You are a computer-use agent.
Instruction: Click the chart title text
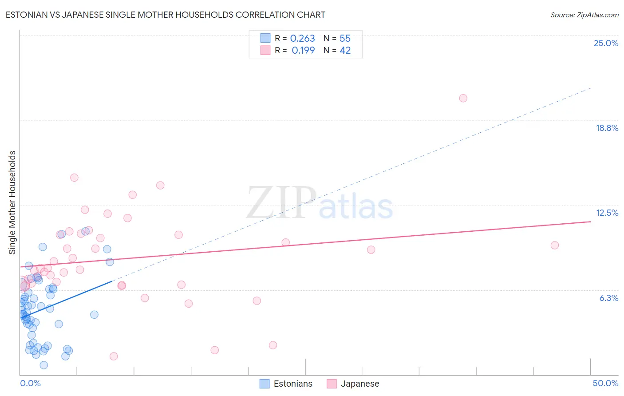point(165,15)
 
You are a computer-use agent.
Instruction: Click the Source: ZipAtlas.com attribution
point(584,15)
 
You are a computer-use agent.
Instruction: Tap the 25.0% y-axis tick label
point(605,43)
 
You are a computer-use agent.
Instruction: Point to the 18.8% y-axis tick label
point(606,128)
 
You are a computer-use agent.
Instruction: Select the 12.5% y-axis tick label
point(606,213)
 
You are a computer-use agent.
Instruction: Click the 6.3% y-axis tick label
point(608,298)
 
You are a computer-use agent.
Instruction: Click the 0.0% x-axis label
point(30,383)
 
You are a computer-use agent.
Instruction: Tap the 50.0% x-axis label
point(605,383)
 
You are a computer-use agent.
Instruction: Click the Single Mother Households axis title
point(12,202)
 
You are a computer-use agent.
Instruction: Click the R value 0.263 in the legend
point(302,39)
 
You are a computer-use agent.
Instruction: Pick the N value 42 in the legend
point(345,51)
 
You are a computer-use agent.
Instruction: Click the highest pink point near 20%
point(463,98)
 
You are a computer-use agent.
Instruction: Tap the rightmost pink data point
point(554,245)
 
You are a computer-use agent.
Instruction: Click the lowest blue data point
point(43,365)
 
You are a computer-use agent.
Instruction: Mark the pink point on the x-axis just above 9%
point(114,356)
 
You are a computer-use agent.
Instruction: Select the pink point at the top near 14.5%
point(74,178)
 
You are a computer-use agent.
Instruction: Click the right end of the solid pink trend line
point(590,221)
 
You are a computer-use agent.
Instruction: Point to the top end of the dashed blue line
point(590,88)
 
